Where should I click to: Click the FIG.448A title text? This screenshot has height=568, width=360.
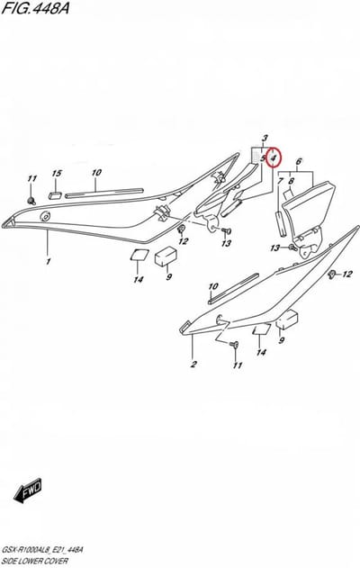(x=35, y=8)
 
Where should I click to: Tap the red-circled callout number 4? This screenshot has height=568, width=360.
(x=274, y=158)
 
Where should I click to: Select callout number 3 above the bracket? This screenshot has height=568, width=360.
(x=265, y=138)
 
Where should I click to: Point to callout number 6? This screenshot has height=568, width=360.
(x=299, y=161)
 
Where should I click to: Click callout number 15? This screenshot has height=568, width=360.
(x=57, y=174)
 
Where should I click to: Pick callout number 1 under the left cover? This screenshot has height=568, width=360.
(x=49, y=261)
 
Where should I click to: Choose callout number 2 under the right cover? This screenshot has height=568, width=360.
(x=193, y=364)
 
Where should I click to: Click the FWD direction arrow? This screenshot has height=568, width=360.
(x=28, y=491)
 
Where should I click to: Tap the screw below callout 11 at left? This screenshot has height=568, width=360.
(x=31, y=200)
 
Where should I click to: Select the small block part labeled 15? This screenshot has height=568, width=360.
(x=56, y=195)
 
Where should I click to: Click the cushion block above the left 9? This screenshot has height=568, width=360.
(x=166, y=255)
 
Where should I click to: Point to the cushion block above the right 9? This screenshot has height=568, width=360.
(x=287, y=320)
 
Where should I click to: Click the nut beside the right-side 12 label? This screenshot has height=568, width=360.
(x=330, y=275)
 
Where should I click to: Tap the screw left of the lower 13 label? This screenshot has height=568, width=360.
(x=292, y=248)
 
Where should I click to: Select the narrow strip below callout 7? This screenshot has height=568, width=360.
(x=281, y=223)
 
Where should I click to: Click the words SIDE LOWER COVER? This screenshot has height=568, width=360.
(x=35, y=561)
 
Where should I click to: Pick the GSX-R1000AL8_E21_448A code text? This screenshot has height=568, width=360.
(x=42, y=550)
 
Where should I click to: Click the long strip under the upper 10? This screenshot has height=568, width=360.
(x=104, y=193)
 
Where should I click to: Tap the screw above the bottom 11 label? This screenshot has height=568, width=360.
(x=234, y=344)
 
